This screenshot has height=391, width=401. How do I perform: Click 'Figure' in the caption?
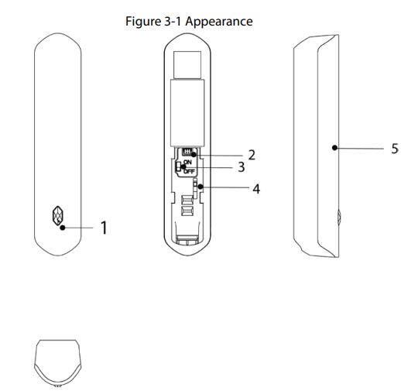[142, 21]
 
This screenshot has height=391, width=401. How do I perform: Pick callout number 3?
[241, 167]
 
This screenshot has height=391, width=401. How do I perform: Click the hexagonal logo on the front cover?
[57, 216]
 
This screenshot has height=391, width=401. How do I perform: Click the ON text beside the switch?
[187, 162]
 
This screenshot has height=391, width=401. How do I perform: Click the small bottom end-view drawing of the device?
[58, 360]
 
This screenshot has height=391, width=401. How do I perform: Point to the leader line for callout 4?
[226, 187]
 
